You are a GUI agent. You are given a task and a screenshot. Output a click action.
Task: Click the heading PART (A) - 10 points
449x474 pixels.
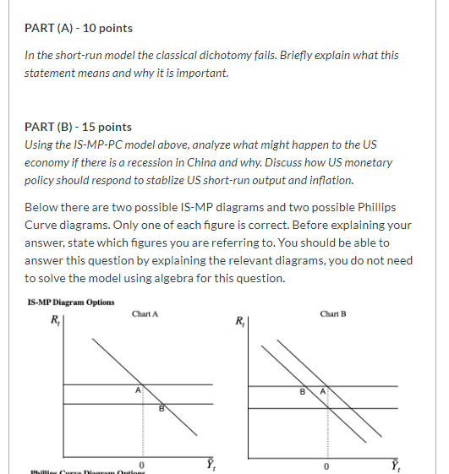79,28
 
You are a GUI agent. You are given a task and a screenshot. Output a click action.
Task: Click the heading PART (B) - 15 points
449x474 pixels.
79,127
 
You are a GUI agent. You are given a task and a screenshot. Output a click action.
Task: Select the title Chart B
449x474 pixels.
332,314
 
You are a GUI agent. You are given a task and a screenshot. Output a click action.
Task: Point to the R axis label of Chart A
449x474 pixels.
57,322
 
